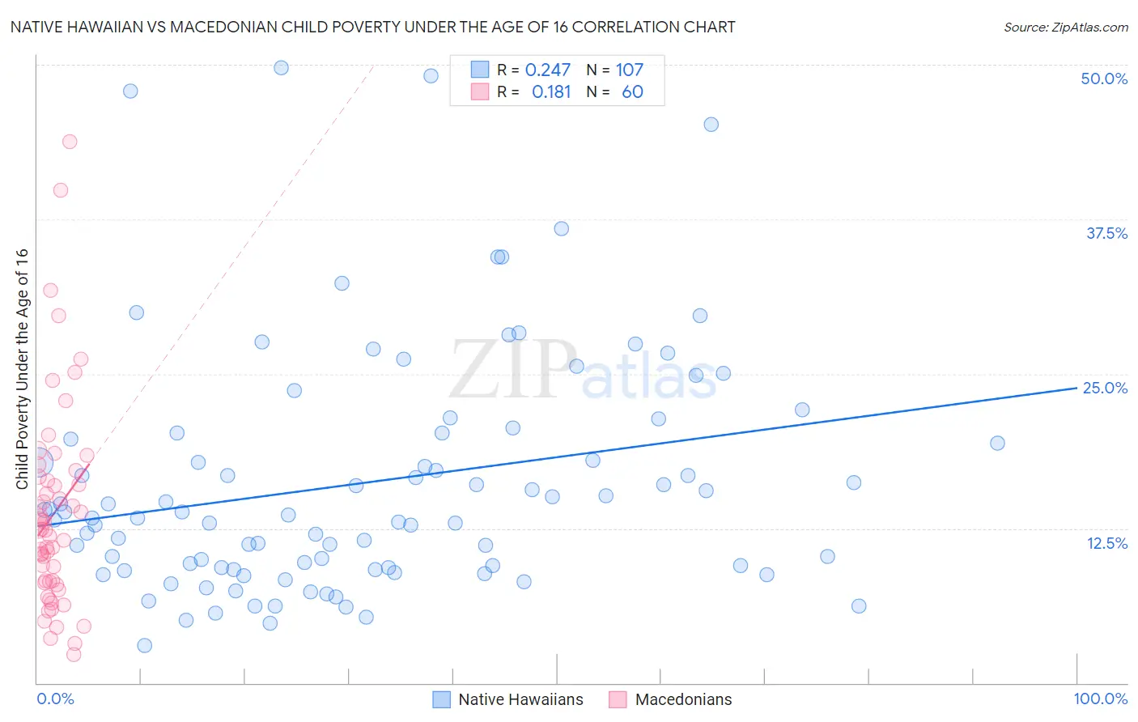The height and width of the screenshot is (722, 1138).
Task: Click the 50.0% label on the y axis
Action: [1104, 79]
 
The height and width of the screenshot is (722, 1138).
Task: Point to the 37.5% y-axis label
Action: [1106, 233]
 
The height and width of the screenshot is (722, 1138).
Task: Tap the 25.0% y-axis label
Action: [1105, 388]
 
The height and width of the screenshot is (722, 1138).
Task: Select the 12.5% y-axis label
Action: [1106, 543]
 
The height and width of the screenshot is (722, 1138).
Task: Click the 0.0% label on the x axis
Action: [55, 699]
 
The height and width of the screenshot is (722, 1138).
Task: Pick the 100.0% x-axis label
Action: [1100, 699]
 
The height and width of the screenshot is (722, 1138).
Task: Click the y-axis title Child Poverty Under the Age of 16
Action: [23, 369]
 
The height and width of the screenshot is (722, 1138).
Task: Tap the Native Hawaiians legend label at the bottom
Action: [520, 699]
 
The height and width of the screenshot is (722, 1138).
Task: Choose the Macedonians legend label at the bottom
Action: [683, 699]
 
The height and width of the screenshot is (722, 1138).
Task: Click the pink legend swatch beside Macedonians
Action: [618, 699]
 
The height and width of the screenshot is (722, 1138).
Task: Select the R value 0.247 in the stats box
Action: [548, 70]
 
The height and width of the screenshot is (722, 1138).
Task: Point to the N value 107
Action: [629, 70]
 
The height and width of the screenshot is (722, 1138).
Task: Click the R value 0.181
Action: [551, 92]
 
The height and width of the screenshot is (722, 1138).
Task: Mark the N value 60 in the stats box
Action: [632, 92]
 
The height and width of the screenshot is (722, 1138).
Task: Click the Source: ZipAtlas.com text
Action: [1065, 28]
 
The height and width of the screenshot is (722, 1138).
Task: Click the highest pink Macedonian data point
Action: [70, 142]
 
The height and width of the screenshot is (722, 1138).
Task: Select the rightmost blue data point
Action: [997, 443]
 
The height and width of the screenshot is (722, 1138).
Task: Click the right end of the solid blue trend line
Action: [1076, 388]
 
